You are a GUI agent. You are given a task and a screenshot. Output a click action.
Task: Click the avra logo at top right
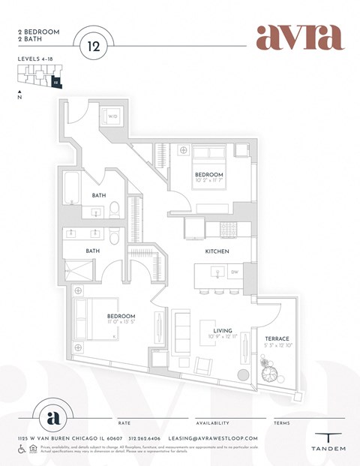pos(299,37)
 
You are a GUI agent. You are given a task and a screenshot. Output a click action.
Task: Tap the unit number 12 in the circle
pos(94,46)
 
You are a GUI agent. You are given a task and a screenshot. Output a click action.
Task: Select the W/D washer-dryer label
pos(112,117)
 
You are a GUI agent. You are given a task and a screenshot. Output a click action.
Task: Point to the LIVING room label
pos(222,330)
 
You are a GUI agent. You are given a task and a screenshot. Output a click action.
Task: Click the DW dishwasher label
pos(235,272)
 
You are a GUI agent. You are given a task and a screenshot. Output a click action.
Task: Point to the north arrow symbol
pos(19,93)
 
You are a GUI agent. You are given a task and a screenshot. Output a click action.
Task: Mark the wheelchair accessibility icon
pos(22,449)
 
